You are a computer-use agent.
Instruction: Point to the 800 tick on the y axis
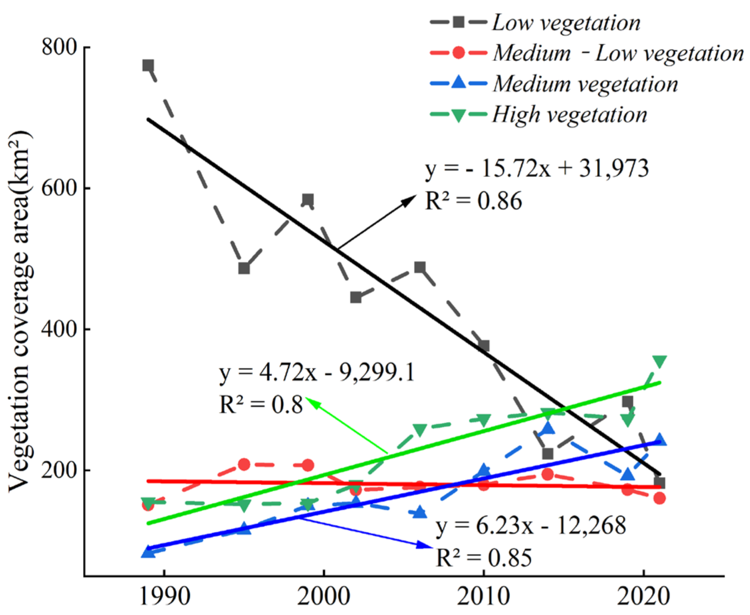point(60,47)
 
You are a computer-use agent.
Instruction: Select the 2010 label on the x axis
point(483,596)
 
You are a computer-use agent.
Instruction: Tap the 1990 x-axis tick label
point(165,596)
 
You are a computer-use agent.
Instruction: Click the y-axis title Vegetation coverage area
point(20,311)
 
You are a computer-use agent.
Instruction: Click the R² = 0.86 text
point(473,201)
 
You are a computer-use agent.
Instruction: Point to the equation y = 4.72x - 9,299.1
point(317,372)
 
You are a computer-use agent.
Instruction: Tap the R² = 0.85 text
point(483,558)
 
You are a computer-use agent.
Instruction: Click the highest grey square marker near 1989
point(148,66)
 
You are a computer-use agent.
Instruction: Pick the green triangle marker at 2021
point(660,361)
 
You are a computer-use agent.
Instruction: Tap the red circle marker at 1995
point(244,464)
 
